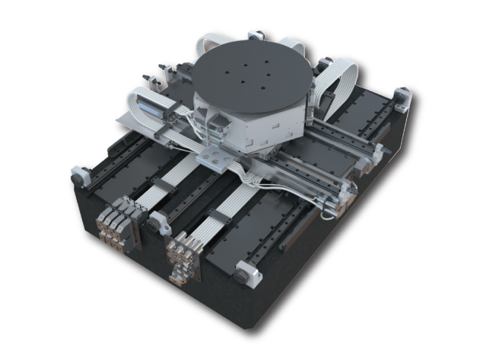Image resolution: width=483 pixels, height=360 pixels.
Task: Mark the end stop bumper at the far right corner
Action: [401, 99]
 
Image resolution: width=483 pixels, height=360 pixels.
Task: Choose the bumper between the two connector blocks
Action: [157, 221]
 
